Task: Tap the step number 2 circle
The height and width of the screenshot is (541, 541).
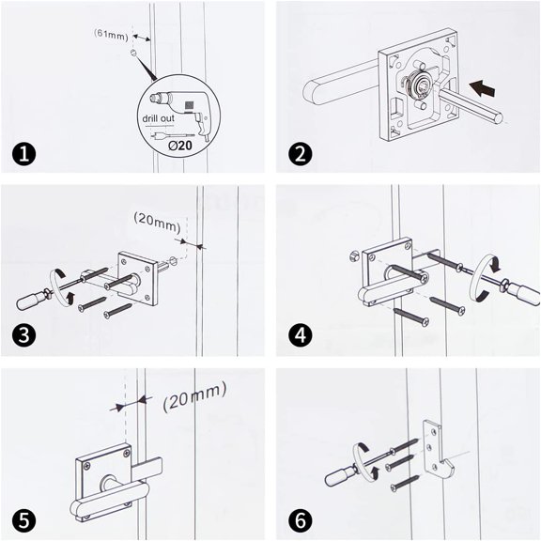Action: coord(298,153)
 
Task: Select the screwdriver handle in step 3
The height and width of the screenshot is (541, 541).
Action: coord(30,301)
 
